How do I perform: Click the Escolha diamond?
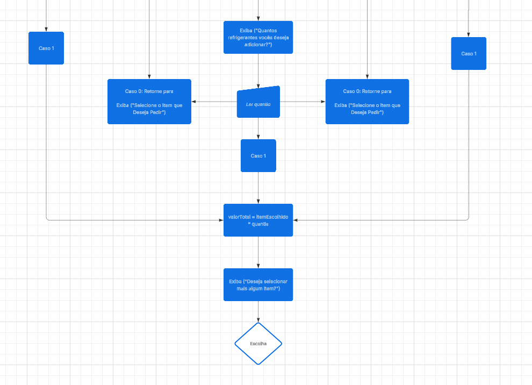pyautogui.click(x=258, y=343)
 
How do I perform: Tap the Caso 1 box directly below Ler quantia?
pyautogui.click(x=258, y=155)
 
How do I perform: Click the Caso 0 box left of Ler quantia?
pyautogui.click(x=149, y=102)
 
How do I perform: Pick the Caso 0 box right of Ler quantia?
pyautogui.click(x=367, y=102)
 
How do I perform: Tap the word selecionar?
pyautogui.click(x=276, y=281)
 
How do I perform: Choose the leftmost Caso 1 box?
pyautogui.click(x=46, y=48)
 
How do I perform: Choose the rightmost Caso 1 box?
pyautogui.click(x=469, y=53)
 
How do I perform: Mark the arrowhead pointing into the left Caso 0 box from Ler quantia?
pyautogui.click(x=195, y=102)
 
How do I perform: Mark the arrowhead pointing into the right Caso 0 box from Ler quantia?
pyautogui.click(x=322, y=102)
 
